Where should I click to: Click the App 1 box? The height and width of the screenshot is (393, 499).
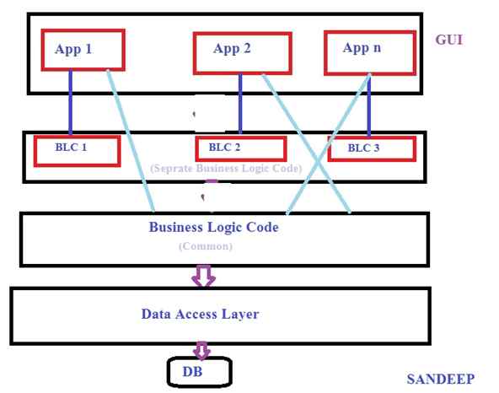pos(83,50)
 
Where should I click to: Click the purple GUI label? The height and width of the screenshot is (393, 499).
pos(448,39)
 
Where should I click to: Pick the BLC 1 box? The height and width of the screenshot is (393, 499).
pos(76,149)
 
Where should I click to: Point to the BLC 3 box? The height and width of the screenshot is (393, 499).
pos(371,148)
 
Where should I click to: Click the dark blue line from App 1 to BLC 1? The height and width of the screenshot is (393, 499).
pos(70,101)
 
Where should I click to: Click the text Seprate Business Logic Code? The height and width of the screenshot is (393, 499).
pos(225,168)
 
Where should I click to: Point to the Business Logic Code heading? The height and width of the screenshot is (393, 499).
pos(213,227)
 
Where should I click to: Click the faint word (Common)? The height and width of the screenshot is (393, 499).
pos(205,246)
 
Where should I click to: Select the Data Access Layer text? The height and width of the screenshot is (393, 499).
pos(200,315)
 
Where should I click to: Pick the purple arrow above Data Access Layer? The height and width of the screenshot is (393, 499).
pos(204,275)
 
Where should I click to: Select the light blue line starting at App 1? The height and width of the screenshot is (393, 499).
pos(131,139)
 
